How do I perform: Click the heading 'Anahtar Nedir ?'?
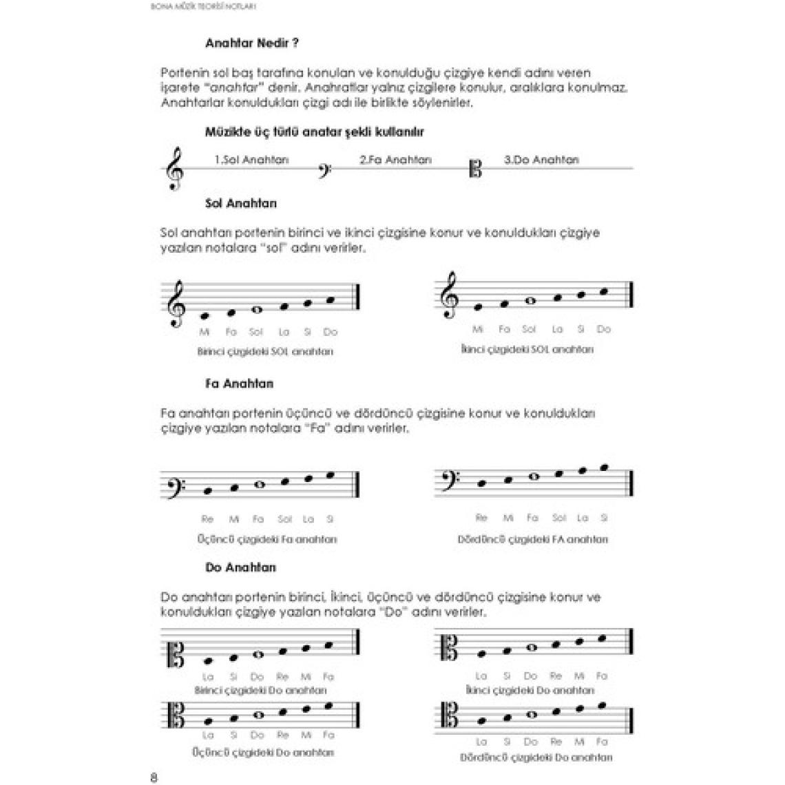pos(251,43)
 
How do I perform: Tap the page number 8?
pos(154,778)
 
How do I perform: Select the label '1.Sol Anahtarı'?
pos(251,160)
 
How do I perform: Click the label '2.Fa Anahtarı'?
pos(395,160)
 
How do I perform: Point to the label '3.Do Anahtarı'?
pos(541,160)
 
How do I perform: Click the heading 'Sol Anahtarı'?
pos(241,204)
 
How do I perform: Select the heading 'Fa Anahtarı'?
pos(239,384)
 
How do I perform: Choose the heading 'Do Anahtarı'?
pos(240,567)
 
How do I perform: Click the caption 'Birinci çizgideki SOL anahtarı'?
pos(265,351)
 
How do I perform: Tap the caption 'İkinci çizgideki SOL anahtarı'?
pos(527,349)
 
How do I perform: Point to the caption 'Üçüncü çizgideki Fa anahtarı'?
pos(266,539)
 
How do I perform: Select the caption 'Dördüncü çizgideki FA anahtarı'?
pos(532,539)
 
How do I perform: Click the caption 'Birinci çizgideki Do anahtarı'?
pos(261,690)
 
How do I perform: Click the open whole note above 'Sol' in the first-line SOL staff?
pos(256,310)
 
